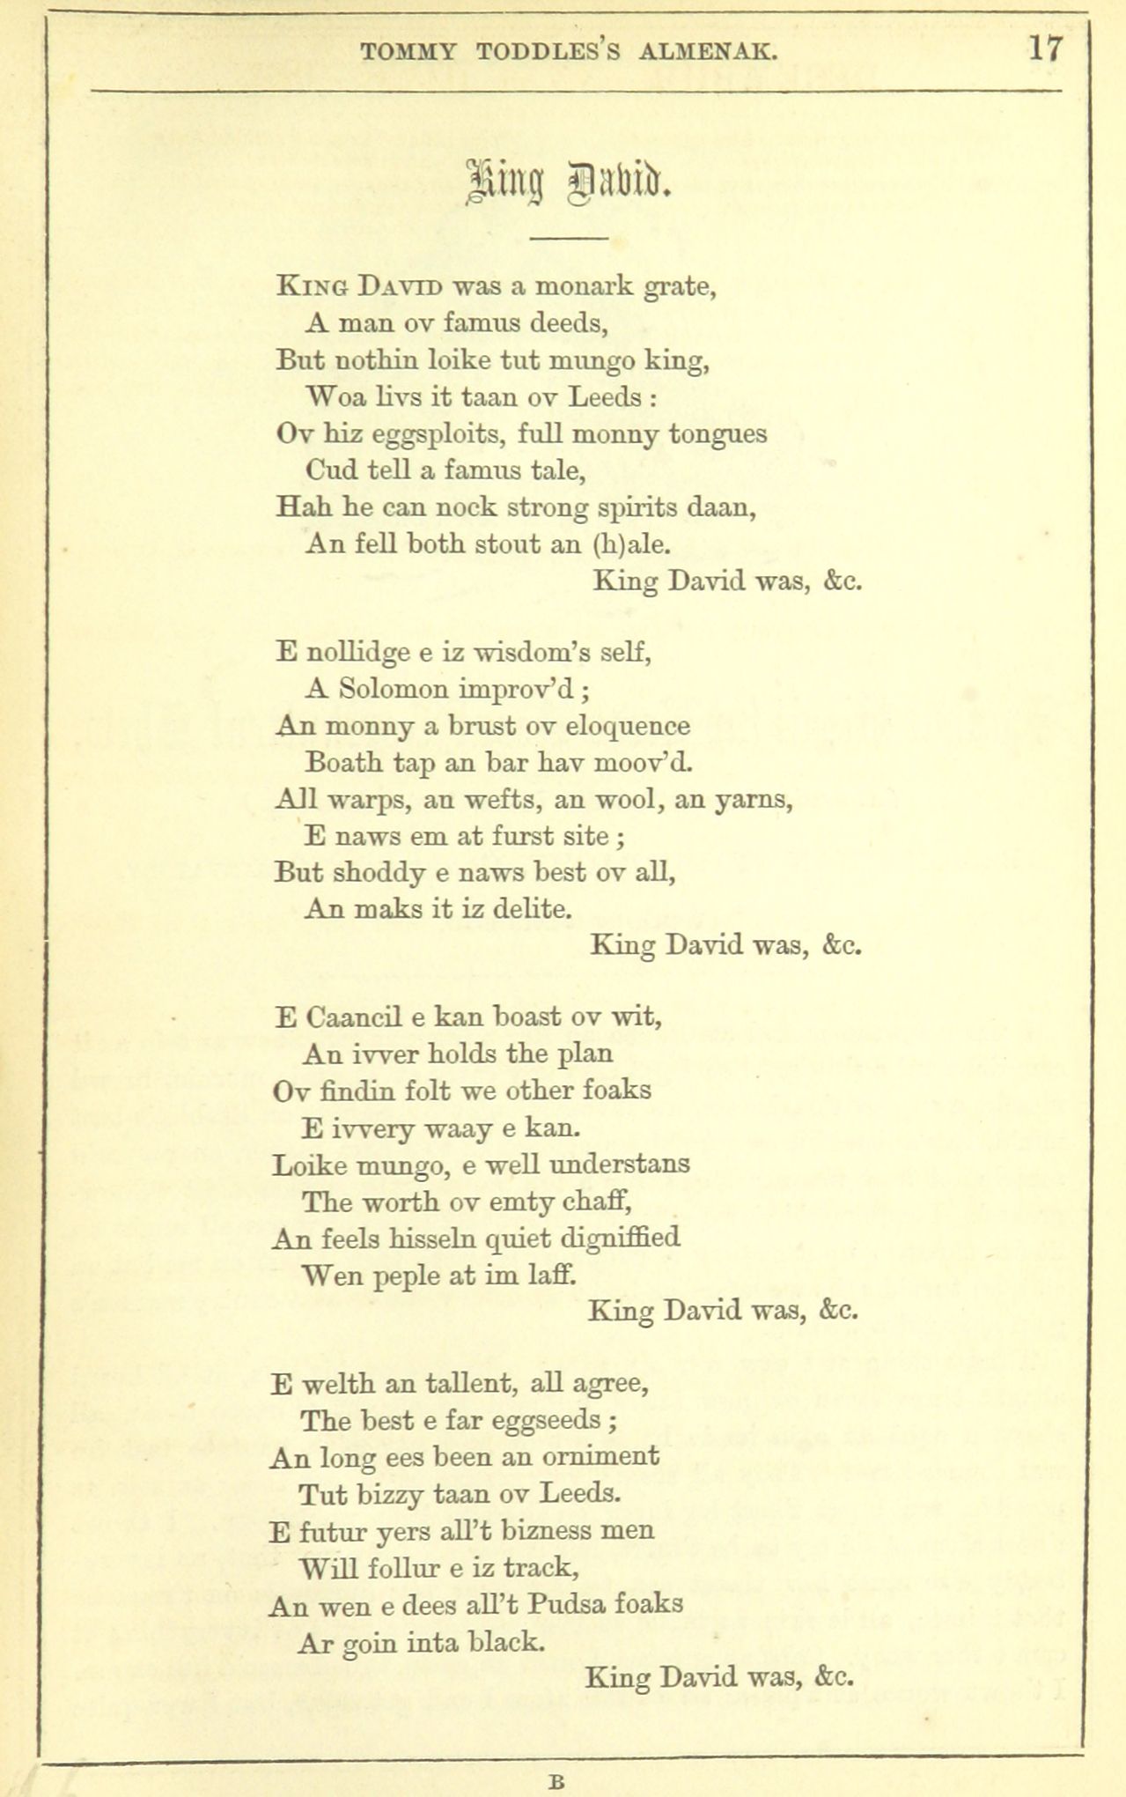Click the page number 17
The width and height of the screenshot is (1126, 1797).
[x=1046, y=48]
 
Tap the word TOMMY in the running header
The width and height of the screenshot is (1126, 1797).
[x=408, y=53]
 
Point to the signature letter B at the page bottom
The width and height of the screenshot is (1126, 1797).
[x=556, y=1780]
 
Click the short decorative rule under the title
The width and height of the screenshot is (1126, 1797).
[x=570, y=239]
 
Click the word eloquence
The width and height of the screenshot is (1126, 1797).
[x=627, y=727]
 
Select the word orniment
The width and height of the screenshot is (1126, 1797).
[x=600, y=1457]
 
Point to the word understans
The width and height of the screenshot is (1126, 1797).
[x=619, y=1165]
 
